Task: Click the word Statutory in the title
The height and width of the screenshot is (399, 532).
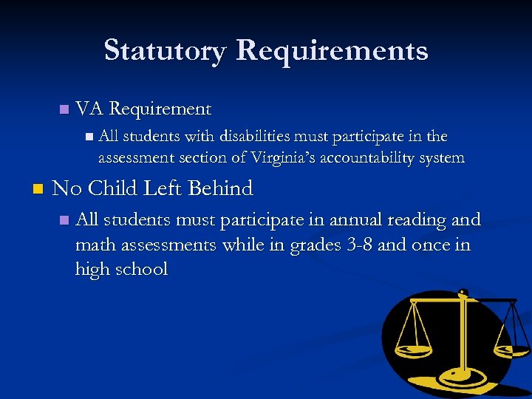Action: tap(165, 51)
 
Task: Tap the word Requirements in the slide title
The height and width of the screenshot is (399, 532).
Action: tap(332, 51)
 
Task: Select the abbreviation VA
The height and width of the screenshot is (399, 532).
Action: tap(89, 109)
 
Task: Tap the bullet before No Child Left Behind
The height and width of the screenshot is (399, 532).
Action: tap(38, 189)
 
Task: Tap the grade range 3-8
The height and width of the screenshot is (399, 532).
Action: tap(359, 245)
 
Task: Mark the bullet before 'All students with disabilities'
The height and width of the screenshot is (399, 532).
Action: tap(89, 137)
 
